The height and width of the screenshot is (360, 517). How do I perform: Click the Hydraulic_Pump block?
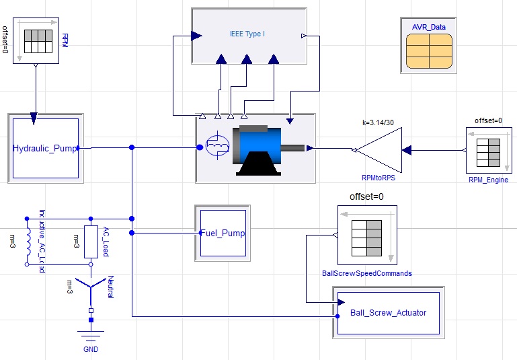click(x=44, y=148)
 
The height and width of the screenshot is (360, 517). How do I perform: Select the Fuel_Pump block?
click(x=223, y=233)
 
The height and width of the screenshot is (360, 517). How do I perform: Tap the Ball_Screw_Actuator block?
click(x=388, y=312)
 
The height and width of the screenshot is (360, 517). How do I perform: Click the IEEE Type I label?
click(x=249, y=33)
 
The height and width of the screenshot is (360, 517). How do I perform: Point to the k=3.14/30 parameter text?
click(x=381, y=123)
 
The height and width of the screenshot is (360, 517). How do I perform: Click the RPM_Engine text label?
click(x=489, y=180)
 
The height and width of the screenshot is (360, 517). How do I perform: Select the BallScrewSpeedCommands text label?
click(x=367, y=274)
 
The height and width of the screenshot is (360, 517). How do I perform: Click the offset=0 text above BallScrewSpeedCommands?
click(x=366, y=196)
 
